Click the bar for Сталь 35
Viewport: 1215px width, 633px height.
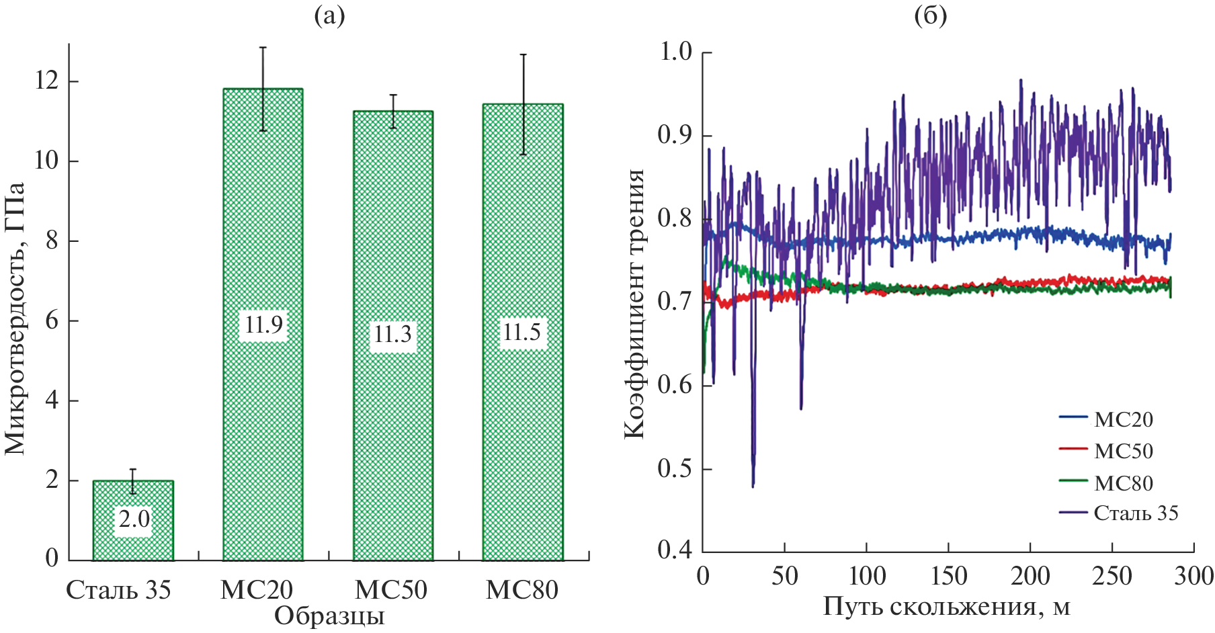pos(133,521)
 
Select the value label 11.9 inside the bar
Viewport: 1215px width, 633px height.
pos(263,325)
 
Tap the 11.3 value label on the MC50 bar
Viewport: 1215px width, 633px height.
pos(392,334)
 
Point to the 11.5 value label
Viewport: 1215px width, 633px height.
pos(522,332)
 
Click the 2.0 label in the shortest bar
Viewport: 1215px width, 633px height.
pos(134,519)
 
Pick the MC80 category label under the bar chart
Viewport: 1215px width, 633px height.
pos(522,590)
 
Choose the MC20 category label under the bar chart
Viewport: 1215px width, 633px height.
pos(257,590)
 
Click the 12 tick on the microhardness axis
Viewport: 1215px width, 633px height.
pos(46,81)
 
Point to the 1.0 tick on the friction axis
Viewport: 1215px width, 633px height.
pos(676,52)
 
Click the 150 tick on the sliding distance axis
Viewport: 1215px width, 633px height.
pos(948,577)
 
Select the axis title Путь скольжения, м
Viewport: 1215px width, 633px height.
pos(946,607)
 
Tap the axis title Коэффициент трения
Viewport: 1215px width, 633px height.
pos(634,304)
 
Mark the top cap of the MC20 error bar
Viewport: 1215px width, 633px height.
pos(263,48)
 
